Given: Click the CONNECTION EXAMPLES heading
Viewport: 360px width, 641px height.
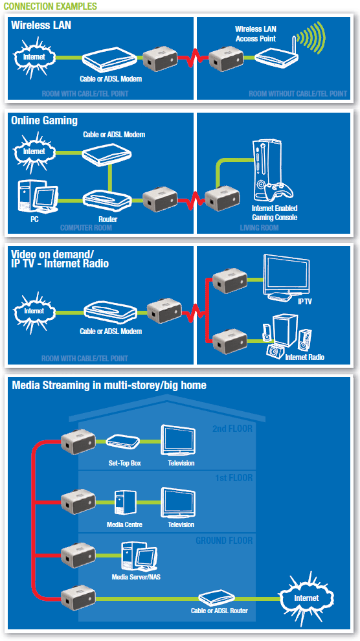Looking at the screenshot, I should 50,6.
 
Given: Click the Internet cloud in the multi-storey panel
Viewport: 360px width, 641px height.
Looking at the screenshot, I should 306,597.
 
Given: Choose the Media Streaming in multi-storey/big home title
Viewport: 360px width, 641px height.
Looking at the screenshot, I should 109,385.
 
